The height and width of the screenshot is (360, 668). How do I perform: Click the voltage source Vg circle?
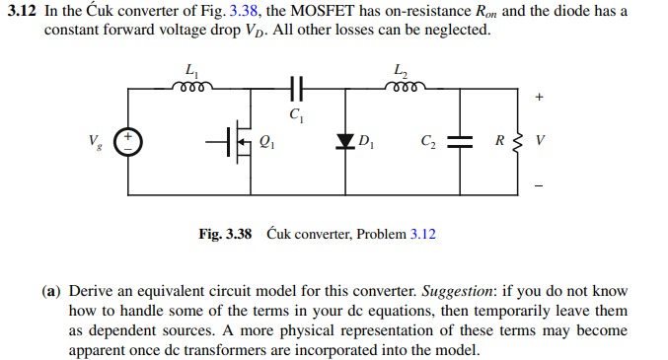pos(129,142)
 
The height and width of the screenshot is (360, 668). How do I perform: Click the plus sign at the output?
pos(538,98)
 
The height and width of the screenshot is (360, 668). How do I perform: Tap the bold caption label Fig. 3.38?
pos(225,234)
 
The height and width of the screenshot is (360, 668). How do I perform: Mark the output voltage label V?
pos(538,141)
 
